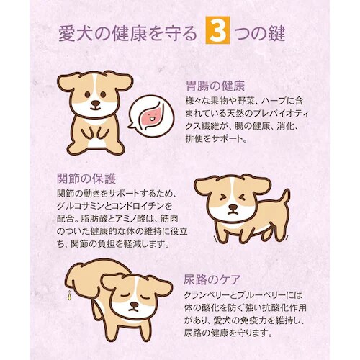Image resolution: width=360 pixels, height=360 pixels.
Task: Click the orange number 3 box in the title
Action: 216,33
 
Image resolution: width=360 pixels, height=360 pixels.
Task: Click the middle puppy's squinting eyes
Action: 232,197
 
